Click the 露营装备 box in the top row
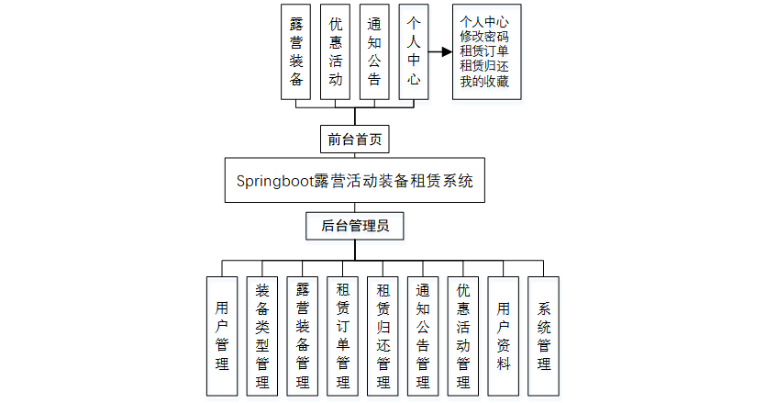295,52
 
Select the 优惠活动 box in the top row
335,52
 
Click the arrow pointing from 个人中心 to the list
441,52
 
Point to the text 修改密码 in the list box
484,37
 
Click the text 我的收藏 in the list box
484,82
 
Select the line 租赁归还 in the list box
484,67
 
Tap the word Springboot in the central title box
274,180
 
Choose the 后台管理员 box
354,225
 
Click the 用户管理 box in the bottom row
222,335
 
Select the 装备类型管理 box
262,335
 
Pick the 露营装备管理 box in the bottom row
303,335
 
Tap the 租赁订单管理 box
343,335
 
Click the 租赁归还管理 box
383,335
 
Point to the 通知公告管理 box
423,335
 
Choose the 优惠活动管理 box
463,335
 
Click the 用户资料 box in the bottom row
504,335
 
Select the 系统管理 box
543,335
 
